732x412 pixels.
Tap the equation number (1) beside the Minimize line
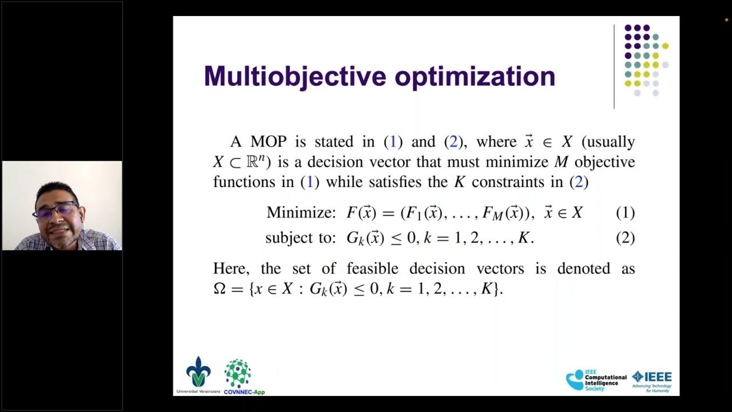[625, 213]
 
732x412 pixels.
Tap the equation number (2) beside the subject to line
[625, 238]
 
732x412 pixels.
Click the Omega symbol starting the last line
[220, 289]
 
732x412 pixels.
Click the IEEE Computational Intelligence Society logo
[595, 380]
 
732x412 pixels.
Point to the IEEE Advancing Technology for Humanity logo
[652, 380]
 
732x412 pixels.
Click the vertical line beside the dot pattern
[614, 66]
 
